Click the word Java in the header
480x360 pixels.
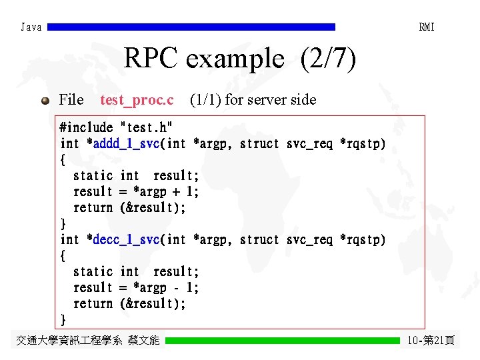click(31, 27)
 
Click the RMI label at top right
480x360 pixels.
click(427, 27)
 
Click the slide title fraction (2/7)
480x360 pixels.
click(329, 59)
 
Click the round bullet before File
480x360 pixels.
click(45, 101)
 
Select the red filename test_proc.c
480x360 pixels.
click(137, 100)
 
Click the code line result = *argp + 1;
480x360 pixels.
click(136, 191)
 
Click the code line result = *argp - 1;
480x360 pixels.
click(136, 287)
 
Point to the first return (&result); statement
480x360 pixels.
click(129, 207)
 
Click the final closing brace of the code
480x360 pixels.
click(63, 319)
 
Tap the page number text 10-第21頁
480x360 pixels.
click(431, 341)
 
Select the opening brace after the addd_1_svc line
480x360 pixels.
click(63, 159)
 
